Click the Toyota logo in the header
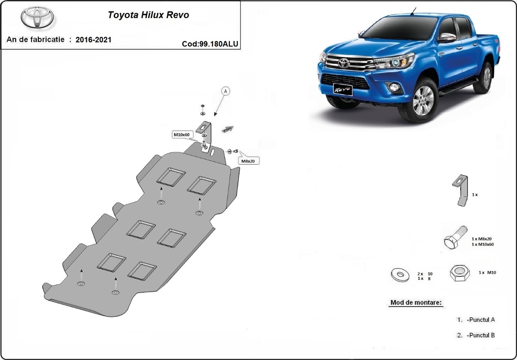tap(37, 18)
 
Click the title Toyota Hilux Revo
tap(148, 15)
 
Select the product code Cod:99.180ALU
tap(210, 43)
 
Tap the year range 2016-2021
tap(93, 40)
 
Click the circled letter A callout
tap(226, 91)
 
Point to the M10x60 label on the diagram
tap(181, 135)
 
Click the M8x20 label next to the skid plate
tap(248, 161)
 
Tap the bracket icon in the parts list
tap(460, 190)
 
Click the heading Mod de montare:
tap(416, 302)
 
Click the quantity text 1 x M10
tap(487, 273)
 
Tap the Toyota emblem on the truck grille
tap(343, 63)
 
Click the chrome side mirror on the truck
tap(447, 37)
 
